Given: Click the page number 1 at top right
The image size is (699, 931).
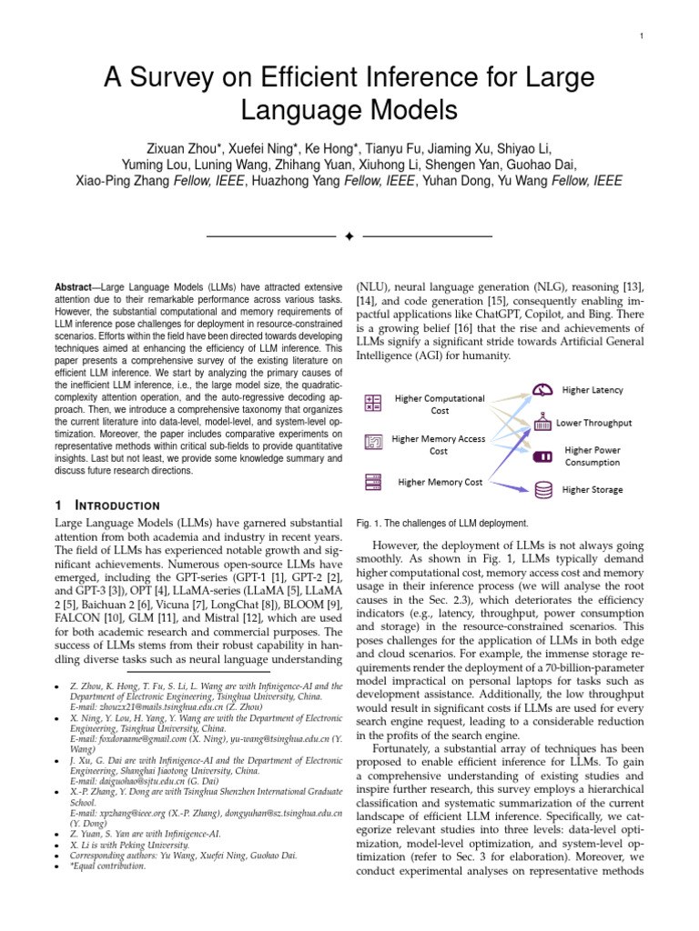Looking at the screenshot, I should pyautogui.click(x=642, y=35).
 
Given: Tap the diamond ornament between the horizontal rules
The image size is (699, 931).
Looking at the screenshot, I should pyautogui.click(x=349, y=236).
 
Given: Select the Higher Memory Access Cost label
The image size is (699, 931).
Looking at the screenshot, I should pyautogui.click(x=438, y=445).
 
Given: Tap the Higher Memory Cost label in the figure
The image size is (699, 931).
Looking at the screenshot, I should pyautogui.click(x=440, y=482).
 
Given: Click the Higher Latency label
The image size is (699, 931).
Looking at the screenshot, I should pyautogui.click(x=593, y=390).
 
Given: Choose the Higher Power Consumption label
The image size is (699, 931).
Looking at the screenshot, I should pyautogui.click(x=593, y=455).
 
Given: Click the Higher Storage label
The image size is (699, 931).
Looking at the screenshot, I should pyautogui.click(x=593, y=489).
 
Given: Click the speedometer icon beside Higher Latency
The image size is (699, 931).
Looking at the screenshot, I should pyautogui.click(x=543, y=390).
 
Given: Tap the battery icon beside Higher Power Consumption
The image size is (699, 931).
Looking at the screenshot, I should pyautogui.click(x=543, y=455).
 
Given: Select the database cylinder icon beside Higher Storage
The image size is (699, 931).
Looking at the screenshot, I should pyautogui.click(x=543, y=489).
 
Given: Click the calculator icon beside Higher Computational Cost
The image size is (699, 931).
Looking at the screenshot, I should pyautogui.click(x=373, y=403).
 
